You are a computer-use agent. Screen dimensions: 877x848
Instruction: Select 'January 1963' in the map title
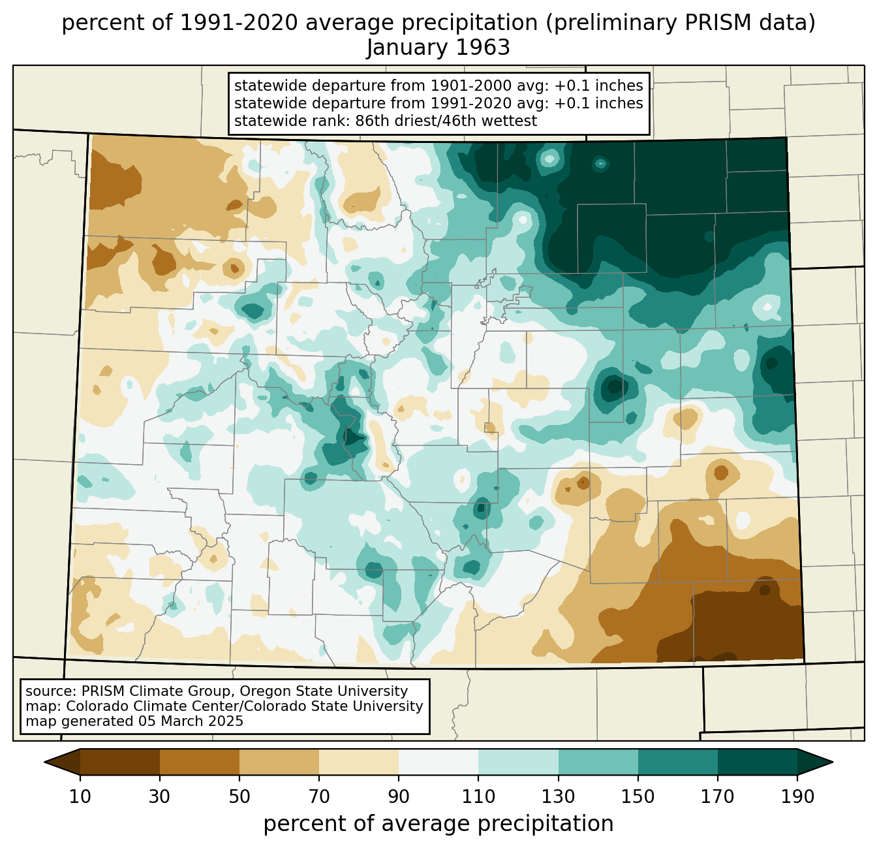(x=438, y=47)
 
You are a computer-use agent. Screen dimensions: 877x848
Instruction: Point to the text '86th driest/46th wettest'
(x=446, y=121)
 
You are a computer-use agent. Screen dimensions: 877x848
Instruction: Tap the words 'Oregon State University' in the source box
(x=324, y=691)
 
